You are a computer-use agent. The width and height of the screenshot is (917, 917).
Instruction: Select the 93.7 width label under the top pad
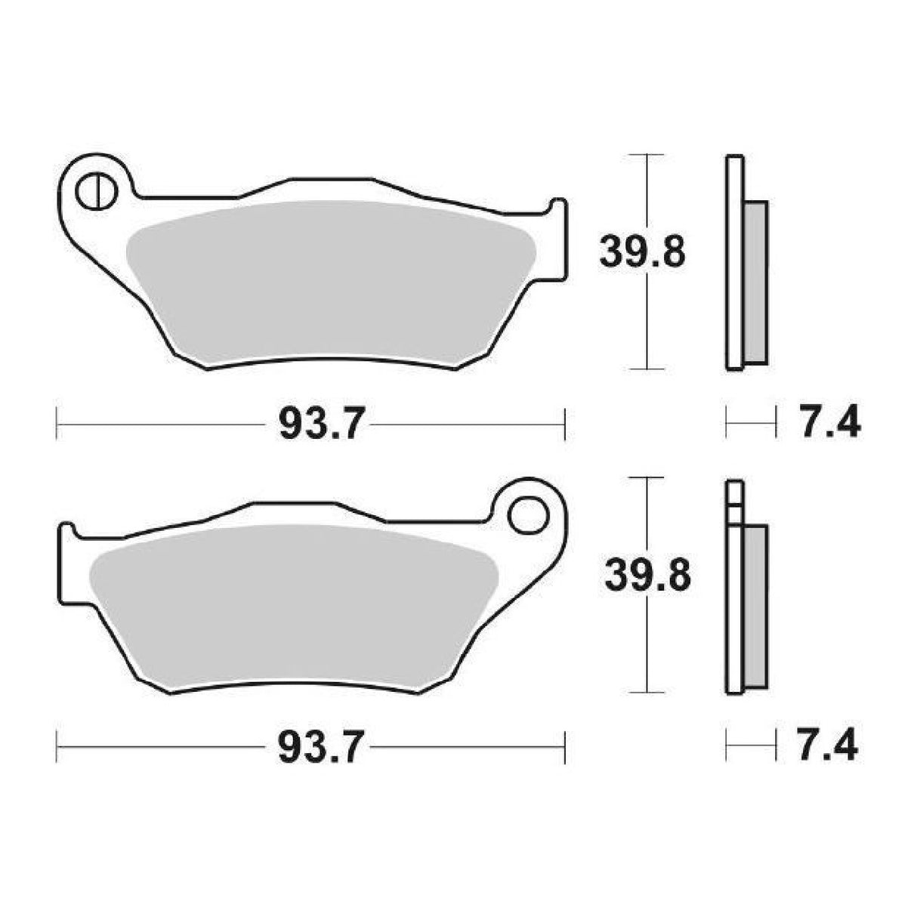tap(312, 425)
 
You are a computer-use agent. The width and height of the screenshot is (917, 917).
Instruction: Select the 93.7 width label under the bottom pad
tap(312, 747)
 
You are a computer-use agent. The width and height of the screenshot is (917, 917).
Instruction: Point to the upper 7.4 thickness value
tap(829, 424)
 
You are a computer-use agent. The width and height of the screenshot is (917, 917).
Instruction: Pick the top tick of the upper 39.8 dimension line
tap(647, 155)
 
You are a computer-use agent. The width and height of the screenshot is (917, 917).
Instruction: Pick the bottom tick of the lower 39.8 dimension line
tap(647, 691)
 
